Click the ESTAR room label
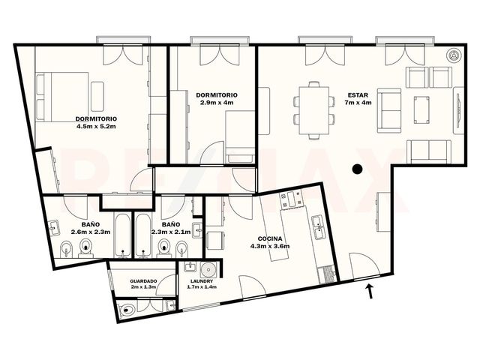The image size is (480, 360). tap(358, 95)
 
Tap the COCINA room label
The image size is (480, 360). tap(270, 239)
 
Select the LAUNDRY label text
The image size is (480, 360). tap(202, 281)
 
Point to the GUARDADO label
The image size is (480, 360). tap(143, 281)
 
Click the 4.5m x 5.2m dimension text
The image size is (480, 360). tap(96, 126)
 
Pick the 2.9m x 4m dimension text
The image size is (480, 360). tap(217, 103)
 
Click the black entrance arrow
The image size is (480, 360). tap(370, 291)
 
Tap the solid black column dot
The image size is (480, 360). tap(357, 169)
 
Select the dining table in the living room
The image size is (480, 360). tap(314, 110)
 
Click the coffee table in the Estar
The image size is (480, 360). tap(421, 110)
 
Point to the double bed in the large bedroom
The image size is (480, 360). tap(62, 97)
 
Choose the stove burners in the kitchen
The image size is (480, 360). tap(292, 199)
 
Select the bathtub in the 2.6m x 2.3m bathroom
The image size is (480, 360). tap(123, 235)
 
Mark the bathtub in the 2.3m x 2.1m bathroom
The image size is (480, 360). tap(143, 235)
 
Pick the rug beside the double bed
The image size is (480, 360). tap(97, 97)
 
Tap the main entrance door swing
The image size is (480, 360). tap(364, 265)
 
